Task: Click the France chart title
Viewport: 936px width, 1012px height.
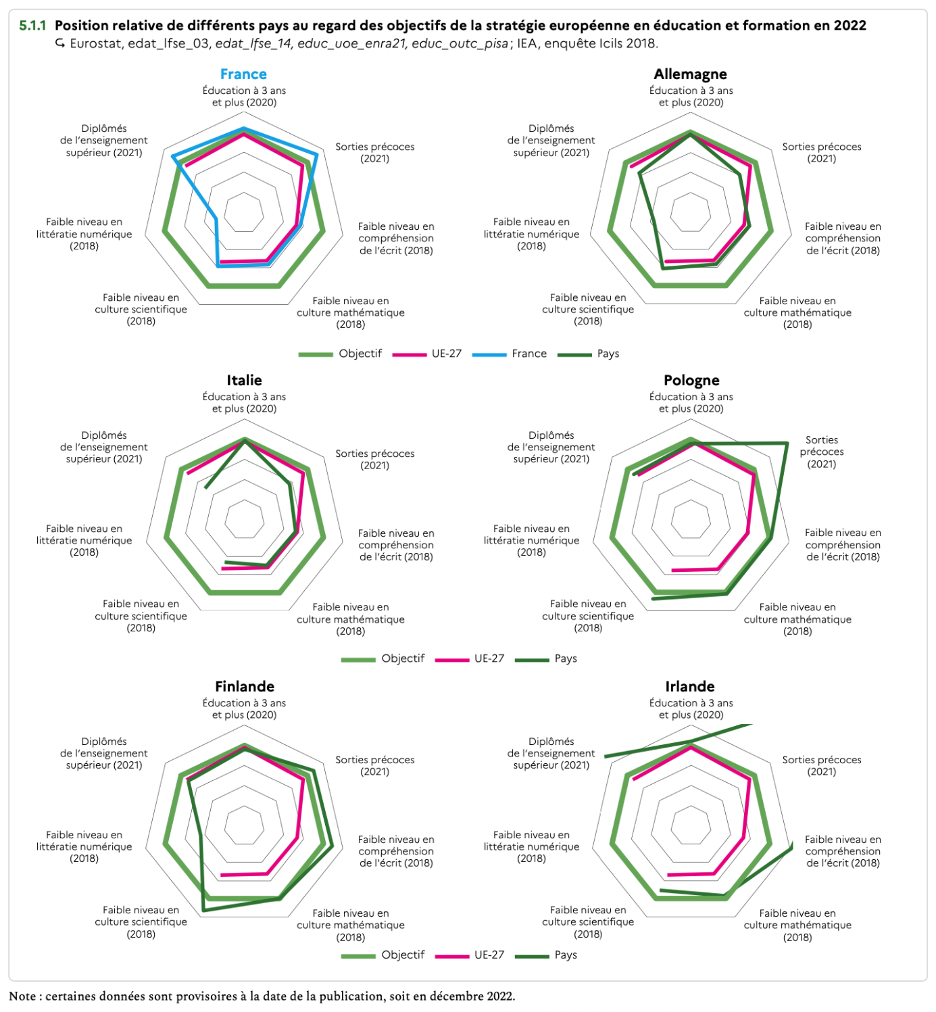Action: pos(243,74)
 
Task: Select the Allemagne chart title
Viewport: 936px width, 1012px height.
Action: pos(690,74)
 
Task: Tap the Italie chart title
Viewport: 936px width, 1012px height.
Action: pos(244,381)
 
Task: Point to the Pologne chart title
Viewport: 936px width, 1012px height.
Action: pos(691,381)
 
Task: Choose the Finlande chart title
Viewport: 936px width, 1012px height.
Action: pos(244,687)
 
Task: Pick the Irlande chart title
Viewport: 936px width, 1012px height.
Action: pos(689,687)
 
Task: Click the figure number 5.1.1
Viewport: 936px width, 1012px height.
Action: pos(32,26)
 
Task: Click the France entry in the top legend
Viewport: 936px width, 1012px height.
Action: pos(528,354)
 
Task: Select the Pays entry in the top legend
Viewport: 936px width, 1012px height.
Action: pos(608,354)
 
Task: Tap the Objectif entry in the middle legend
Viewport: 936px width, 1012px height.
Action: pos(403,658)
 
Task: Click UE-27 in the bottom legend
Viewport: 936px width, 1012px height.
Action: pos(489,955)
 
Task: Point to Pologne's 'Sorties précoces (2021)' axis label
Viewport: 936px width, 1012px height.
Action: pos(821,452)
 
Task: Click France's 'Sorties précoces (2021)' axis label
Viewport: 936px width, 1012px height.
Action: pos(374,153)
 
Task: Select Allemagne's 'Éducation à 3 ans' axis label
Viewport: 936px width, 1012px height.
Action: pos(691,97)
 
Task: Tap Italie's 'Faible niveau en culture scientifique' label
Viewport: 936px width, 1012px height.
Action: pos(141,616)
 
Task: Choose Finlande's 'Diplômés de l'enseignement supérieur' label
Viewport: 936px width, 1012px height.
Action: pos(104,753)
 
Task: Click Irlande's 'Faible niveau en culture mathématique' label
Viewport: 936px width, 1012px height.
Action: pos(797,925)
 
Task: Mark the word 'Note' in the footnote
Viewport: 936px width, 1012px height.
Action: pos(22,996)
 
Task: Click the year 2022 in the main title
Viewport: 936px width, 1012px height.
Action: pos(849,26)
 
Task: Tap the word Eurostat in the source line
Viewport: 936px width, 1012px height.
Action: pos(96,44)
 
